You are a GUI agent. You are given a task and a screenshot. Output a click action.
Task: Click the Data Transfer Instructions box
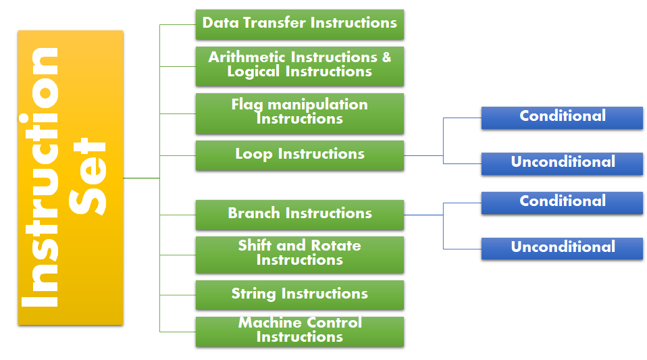coord(300,25)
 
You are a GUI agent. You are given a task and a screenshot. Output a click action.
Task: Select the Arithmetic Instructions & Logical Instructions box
coord(300,66)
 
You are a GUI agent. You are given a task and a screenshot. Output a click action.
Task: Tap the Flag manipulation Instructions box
coord(300,113)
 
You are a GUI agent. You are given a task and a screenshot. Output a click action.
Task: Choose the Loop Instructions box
coord(300,155)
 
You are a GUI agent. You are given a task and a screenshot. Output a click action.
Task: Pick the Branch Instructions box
coord(300,215)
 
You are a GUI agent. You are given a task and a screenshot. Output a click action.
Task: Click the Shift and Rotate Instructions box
coord(300,255)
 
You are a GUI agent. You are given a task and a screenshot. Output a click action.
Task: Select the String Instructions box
coord(300,294)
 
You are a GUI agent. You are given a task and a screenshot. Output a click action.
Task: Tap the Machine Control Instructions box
coord(300,332)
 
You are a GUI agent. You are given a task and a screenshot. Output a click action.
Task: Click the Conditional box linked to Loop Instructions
coord(562,118)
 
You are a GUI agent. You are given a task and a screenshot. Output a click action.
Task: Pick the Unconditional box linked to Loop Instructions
coord(562,164)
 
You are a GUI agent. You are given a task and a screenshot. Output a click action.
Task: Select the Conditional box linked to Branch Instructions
coord(562,203)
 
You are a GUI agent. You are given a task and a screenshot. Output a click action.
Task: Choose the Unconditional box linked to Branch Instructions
coord(562,249)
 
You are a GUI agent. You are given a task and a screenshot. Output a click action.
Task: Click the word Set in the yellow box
coord(88,176)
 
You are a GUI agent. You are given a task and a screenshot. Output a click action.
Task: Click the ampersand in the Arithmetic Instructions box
coord(386,57)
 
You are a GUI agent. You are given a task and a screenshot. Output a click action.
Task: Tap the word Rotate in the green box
coord(336,246)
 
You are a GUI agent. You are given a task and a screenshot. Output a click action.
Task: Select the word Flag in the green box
coord(247,105)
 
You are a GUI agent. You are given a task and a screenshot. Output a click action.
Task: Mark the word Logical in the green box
coord(253,72)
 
